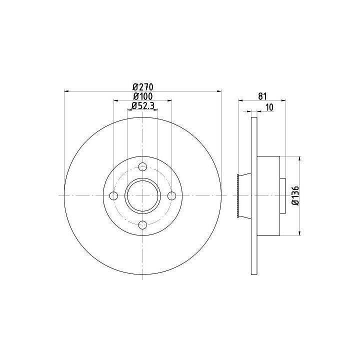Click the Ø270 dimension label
[143, 87]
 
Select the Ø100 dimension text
[143, 96]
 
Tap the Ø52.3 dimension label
[143, 105]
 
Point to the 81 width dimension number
[262, 96]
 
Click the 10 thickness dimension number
[269, 107]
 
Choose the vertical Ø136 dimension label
[295, 195]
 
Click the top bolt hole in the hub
[143, 166]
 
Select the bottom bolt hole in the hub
[143, 225]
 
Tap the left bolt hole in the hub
[113, 196]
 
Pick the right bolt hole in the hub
[171, 196]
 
